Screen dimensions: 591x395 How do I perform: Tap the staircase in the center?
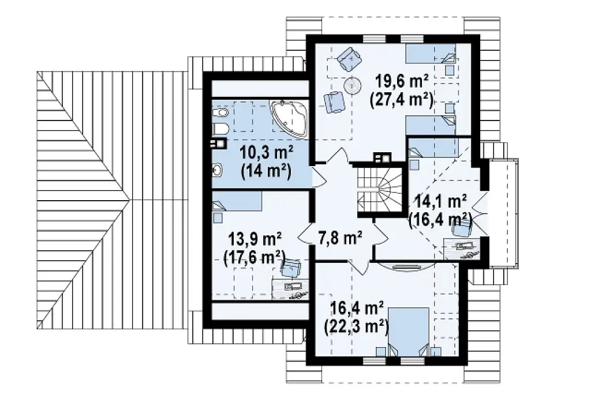click(380, 190)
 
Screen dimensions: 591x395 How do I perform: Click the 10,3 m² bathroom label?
click(267, 154)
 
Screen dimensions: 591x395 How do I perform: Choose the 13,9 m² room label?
click(256, 239)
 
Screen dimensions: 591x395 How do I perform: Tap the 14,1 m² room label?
click(441, 201)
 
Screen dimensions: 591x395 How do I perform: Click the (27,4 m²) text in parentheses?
click(402, 100)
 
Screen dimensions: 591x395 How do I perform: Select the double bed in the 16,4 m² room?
click(409, 332)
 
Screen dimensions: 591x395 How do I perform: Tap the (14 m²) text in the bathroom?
click(266, 172)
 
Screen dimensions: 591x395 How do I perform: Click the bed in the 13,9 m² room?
click(237, 201)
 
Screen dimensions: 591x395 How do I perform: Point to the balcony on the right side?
click(503, 213)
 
